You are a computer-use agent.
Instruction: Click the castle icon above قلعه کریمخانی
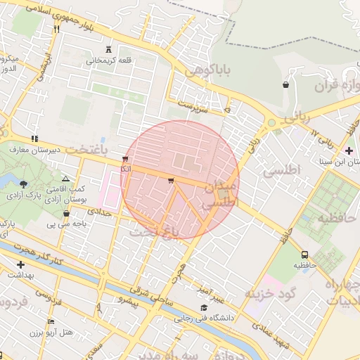point(108,49)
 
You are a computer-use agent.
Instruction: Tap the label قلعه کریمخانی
point(109,60)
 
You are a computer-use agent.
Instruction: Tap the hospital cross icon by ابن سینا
point(349,150)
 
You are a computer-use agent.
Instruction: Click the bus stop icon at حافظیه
point(304,255)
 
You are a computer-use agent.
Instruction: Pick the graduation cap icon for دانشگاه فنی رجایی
point(204,307)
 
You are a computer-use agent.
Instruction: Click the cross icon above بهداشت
point(19,264)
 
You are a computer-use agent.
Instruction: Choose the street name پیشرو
point(129,300)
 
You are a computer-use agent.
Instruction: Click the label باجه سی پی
point(65,224)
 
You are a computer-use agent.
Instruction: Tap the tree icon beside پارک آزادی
point(23,184)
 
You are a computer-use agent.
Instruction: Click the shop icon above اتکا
point(125,159)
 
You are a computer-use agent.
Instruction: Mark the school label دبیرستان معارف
point(39,149)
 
